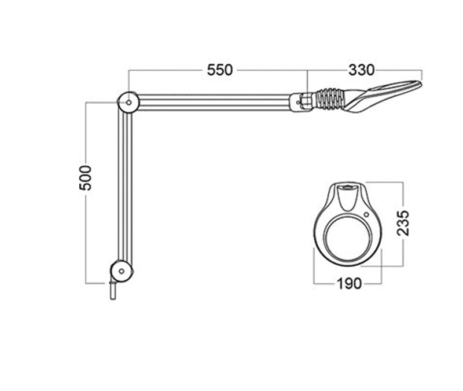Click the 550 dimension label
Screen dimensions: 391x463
click(x=220, y=70)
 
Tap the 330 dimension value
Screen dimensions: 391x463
click(x=361, y=70)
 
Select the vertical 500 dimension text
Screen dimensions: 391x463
click(x=85, y=178)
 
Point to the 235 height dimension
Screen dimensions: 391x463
click(x=403, y=222)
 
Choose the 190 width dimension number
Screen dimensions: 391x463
click(x=348, y=283)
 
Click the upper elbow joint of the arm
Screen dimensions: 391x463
click(x=127, y=103)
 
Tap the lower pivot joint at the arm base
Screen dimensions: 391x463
click(x=122, y=270)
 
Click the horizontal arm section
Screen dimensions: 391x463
click(x=214, y=102)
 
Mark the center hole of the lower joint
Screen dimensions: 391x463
click(x=122, y=271)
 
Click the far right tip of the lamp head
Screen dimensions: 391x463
click(x=421, y=85)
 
